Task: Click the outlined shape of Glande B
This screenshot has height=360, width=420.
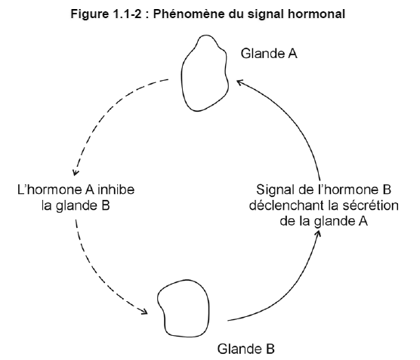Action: pos(208,308)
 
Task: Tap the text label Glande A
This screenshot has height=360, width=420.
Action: pos(269,54)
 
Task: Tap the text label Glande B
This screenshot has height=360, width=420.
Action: pos(246,349)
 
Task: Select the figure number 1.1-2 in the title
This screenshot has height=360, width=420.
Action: pos(126,14)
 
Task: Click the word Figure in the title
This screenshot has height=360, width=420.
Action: pos(89,14)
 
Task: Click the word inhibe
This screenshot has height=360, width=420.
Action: pos(116,189)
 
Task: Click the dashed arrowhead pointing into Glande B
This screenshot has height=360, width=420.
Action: pos(144,311)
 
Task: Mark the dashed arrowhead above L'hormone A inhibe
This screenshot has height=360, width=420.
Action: pos(76,173)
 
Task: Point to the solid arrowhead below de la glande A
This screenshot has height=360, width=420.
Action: pos(318,233)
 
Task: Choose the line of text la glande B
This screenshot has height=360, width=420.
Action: pos(76,205)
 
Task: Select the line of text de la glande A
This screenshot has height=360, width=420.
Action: pos(323,221)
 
